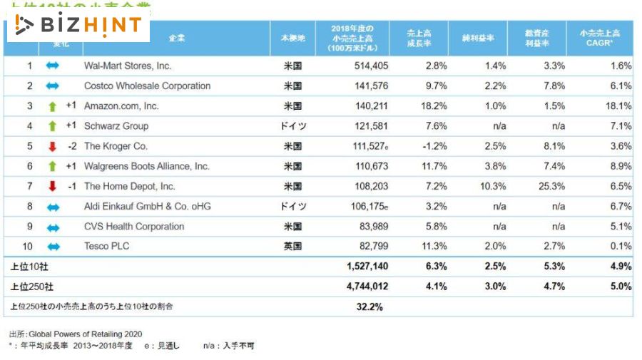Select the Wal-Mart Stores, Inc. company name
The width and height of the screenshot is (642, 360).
click(128, 66)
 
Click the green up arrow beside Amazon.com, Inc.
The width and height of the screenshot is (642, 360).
click(52, 106)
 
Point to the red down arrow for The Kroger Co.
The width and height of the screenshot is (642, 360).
click(52, 146)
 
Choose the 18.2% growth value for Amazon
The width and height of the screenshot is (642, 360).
click(434, 106)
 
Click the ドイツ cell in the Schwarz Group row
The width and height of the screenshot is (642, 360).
click(292, 126)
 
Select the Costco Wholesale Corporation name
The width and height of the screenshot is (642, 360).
click(147, 86)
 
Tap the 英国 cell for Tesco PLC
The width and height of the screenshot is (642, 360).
click(292, 247)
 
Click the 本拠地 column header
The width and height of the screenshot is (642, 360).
click(292, 38)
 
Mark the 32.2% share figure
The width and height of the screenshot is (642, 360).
click(370, 307)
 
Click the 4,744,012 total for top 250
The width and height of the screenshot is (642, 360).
click(366, 287)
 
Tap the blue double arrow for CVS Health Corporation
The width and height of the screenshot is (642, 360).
click(52, 227)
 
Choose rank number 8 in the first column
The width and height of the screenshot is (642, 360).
click(30, 206)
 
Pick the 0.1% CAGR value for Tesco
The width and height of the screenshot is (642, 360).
click(620, 247)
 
